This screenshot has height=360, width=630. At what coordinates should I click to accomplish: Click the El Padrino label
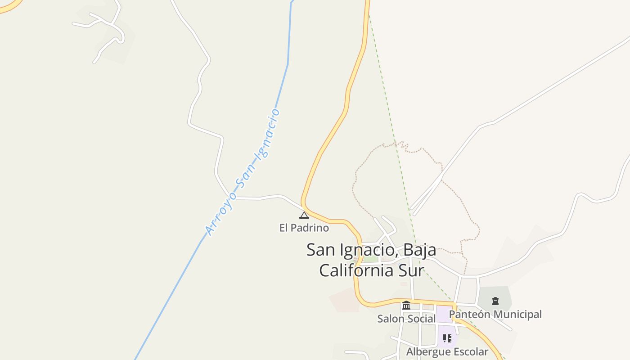(304, 228)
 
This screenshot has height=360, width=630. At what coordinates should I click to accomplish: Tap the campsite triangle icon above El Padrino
(304, 215)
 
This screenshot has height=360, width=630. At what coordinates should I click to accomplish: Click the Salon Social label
(406, 319)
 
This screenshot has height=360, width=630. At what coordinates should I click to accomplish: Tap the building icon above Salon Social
(406, 305)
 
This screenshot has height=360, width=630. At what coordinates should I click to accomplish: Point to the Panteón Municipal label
(495, 314)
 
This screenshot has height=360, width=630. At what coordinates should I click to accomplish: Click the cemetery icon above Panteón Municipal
(495, 301)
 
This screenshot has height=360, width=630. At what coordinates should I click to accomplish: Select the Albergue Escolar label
(447, 351)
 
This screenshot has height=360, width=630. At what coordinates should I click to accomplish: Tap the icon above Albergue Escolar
(447, 338)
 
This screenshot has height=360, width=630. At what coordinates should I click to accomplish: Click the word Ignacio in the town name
(365, 249)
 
